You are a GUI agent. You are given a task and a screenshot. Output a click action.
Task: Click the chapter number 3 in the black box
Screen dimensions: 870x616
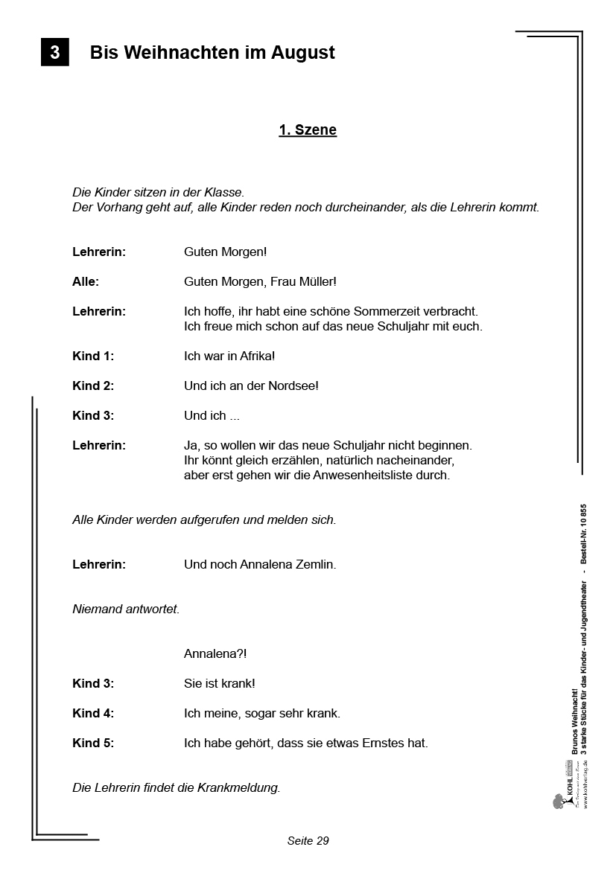click(54, 53)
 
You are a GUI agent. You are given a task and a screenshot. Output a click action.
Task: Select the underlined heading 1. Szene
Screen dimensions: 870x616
click(308, 130)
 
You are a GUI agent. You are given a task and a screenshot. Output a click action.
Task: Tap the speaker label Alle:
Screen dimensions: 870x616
click(86, 282)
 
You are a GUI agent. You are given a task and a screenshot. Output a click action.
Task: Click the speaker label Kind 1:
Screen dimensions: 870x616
click(93, 356)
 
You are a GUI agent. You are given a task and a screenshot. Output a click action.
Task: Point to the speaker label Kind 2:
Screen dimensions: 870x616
click(93, 386)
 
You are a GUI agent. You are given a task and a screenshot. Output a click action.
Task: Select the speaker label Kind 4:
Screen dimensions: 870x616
click(93, 714)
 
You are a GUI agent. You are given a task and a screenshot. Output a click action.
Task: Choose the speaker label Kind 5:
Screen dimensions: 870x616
click(93, 743)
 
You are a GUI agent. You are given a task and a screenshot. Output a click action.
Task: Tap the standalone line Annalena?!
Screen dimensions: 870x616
click(215, 654)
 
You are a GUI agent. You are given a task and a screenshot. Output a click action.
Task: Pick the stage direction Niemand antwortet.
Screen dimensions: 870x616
click(126, 610)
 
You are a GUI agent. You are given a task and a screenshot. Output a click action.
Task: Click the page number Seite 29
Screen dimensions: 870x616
click(308, 841)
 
